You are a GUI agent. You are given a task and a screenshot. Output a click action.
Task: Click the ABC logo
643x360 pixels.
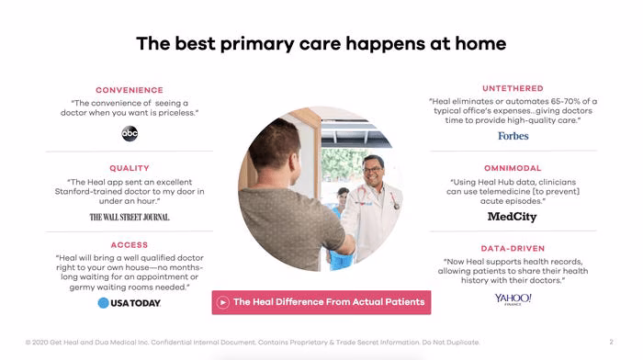[130, 134]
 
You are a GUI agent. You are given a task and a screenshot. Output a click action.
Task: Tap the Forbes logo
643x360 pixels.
[513, 136]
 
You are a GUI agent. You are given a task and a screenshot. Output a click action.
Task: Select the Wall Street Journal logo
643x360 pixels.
[130, 217]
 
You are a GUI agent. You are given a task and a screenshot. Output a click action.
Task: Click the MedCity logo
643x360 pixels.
[513, 217]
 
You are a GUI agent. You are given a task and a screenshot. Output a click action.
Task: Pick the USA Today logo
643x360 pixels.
[130, 303]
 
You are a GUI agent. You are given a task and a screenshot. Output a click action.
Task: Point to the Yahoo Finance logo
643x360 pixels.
[513, 298]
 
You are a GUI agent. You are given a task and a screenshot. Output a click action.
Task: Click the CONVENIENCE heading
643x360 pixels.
[130, 90]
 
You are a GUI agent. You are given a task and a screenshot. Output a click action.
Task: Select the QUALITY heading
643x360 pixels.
[130, 168]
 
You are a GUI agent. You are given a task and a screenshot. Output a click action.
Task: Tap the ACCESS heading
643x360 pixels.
[130, 245]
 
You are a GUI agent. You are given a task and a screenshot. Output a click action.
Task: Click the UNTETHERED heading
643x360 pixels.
[513, 88]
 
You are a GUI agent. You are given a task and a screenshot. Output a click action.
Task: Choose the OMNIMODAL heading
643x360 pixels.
[513, 168]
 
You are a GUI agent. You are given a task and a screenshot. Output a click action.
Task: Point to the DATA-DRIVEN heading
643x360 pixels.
[513, 249]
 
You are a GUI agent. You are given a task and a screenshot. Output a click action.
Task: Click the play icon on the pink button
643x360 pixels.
[223, 302]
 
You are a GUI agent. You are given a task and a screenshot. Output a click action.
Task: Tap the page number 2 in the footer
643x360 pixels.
[611, 342]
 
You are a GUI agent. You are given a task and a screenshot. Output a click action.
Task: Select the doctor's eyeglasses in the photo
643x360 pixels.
[372, 169]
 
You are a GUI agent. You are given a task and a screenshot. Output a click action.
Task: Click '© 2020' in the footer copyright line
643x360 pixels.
[37, 342]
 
